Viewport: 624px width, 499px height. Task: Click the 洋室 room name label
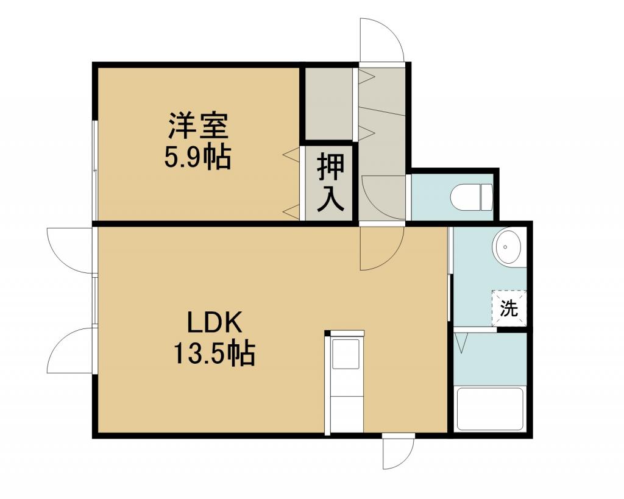[198, 126]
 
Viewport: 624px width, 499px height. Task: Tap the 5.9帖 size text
[197, 158]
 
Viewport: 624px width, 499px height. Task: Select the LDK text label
[215, 322]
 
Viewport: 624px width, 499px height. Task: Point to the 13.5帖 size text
[214, 353]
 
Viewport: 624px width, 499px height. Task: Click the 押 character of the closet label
[330, 168]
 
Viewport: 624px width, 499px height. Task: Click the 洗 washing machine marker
[509, 308]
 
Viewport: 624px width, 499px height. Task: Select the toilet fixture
[472, 197]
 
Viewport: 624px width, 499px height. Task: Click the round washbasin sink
[508, 247]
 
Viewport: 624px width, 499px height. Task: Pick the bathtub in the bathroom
[490, 409]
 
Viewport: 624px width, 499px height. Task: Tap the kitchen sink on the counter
[346, 354]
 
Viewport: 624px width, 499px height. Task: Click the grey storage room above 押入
[328, 104]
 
